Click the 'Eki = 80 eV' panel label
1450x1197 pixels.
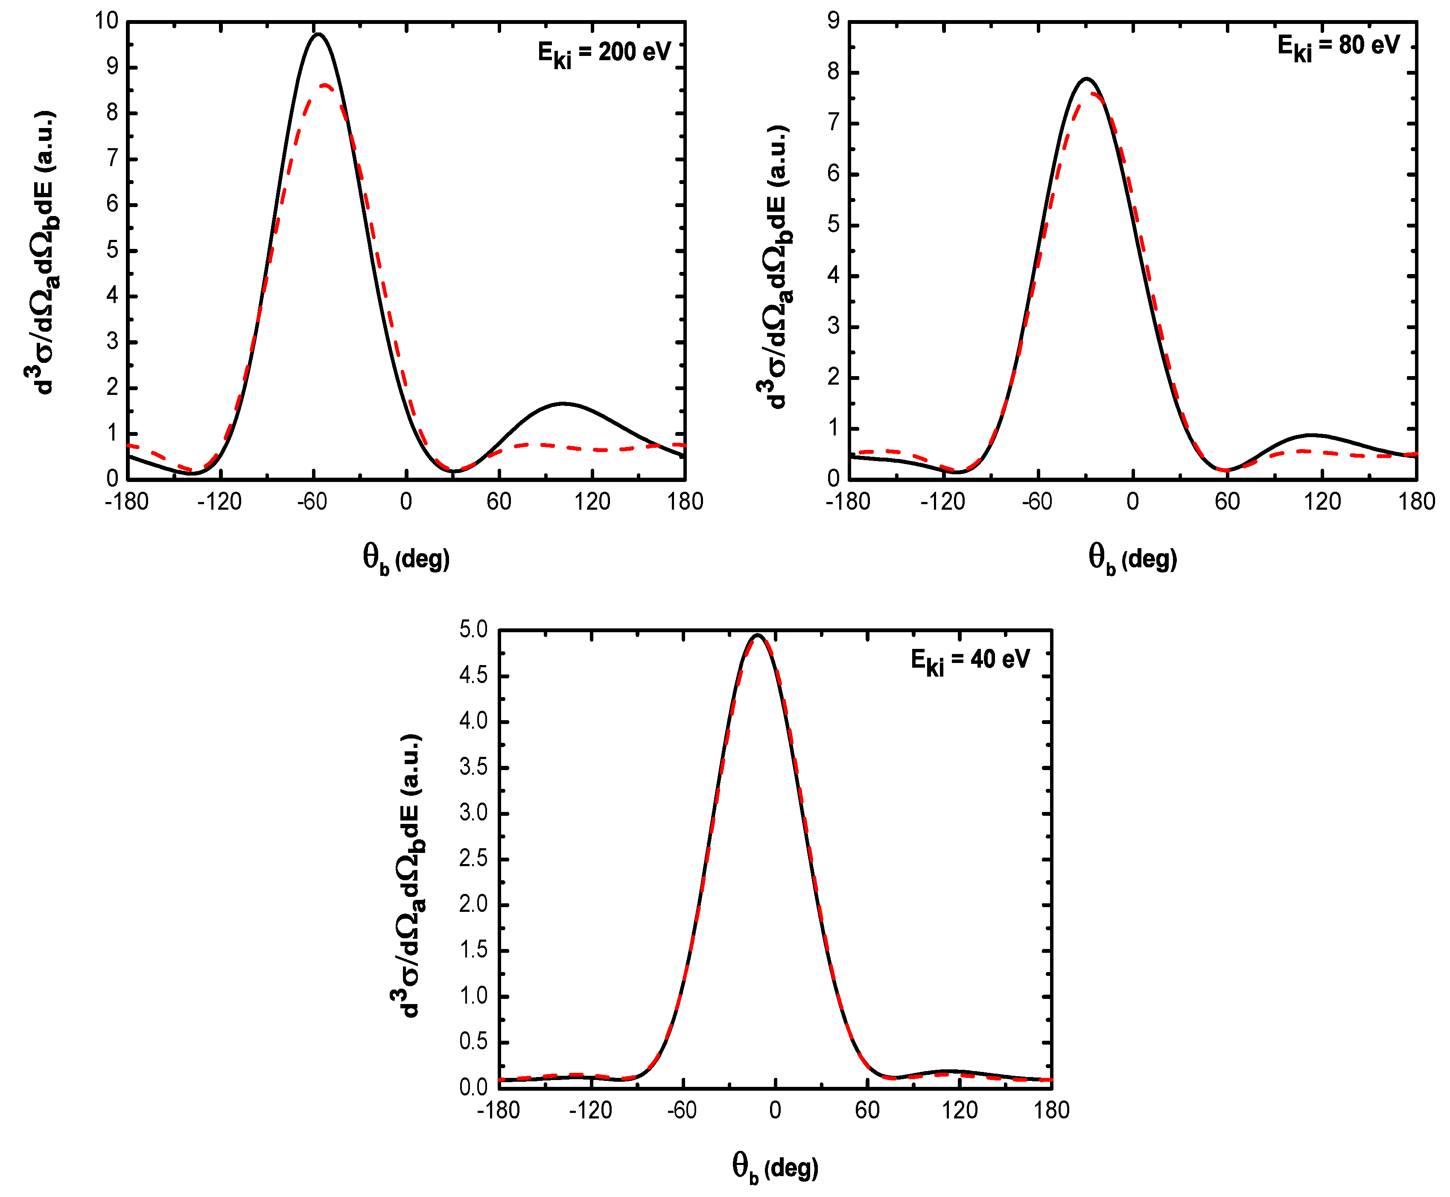click(x=1338, y=47)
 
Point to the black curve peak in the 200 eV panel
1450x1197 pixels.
click(x=318, y=34)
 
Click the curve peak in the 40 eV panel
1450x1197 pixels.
click(x=758, y=635)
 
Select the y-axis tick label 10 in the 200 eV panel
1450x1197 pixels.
click(x=107, y=21)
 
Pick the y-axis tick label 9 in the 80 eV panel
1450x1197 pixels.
click(x=834, y=21)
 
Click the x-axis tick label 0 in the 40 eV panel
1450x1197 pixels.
click(x=775, y=1110)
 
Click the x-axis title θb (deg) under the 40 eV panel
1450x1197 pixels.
click(x=775, y=1167)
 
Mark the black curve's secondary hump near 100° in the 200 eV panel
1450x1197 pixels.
click(x=563, y=403)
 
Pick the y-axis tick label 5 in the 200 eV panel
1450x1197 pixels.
click(x=112, y=250)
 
